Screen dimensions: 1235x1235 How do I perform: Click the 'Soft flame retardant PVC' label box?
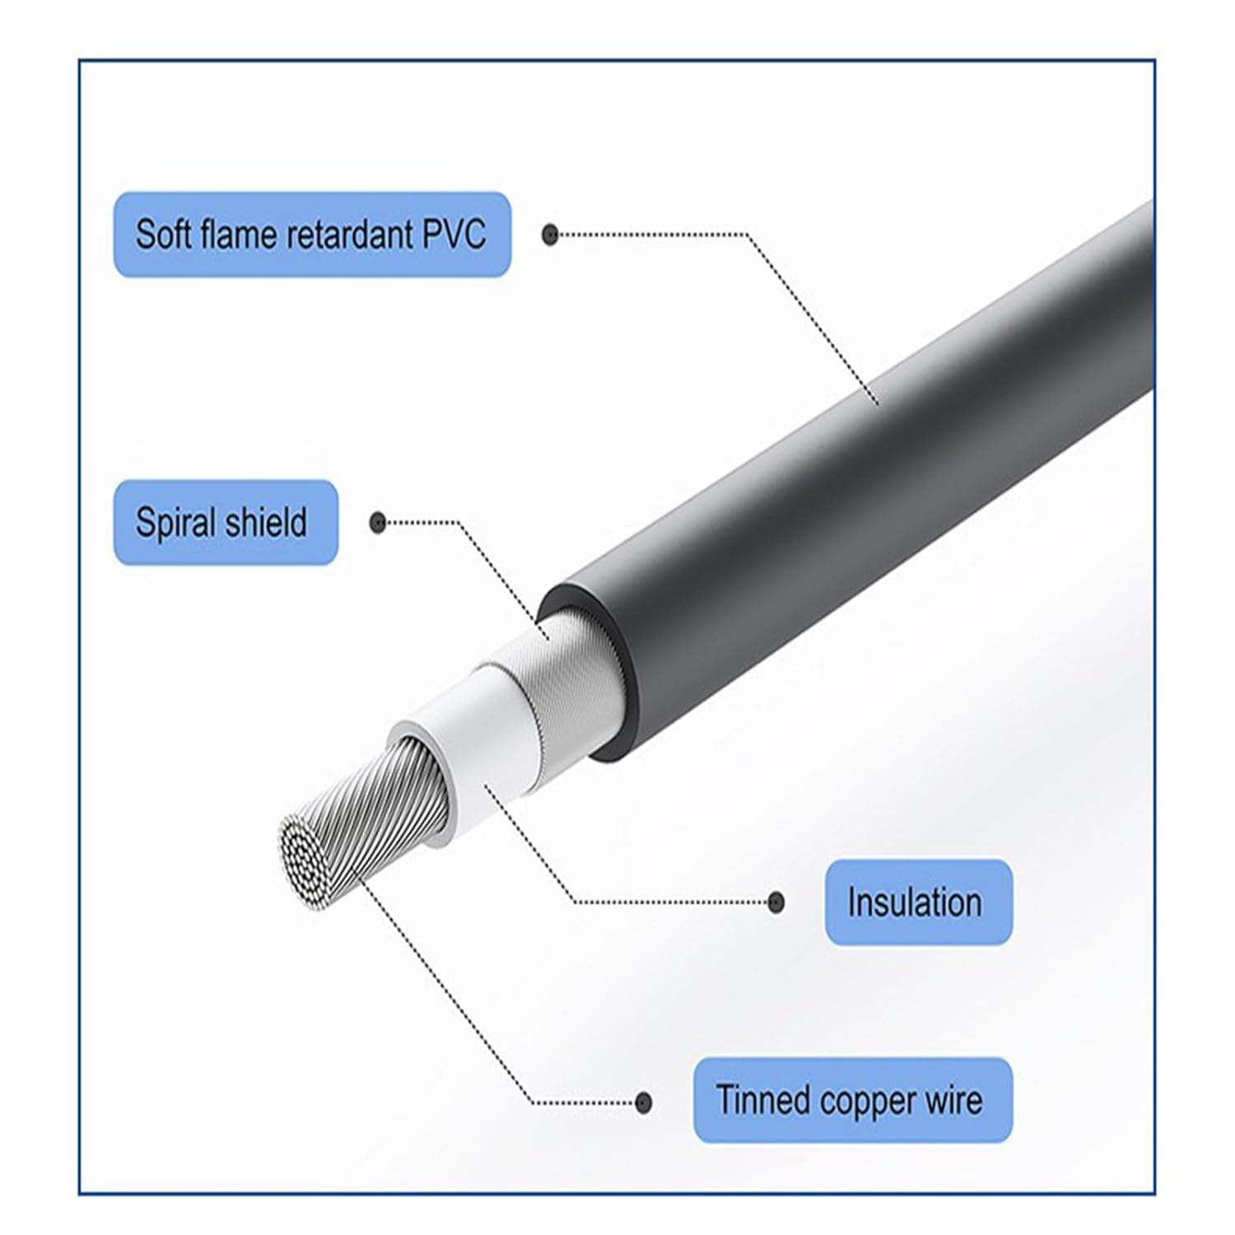click(311, 235)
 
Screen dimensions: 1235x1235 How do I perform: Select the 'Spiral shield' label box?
click(225, 523)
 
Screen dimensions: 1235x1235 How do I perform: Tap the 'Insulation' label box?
click(918, 902)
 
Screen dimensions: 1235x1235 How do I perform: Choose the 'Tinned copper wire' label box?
click(852, 1100)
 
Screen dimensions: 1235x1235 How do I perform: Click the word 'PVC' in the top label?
click(454, 235)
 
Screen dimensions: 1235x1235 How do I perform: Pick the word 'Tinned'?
click(751, 1100)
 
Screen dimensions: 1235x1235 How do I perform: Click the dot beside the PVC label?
click(550, 235)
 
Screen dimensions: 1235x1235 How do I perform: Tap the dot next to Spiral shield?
click(378, 522)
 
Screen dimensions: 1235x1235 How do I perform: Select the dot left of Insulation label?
click(775, 902)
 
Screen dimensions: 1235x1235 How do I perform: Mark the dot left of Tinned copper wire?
click(644, 1102)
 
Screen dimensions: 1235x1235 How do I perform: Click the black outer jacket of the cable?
click(864, 461)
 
